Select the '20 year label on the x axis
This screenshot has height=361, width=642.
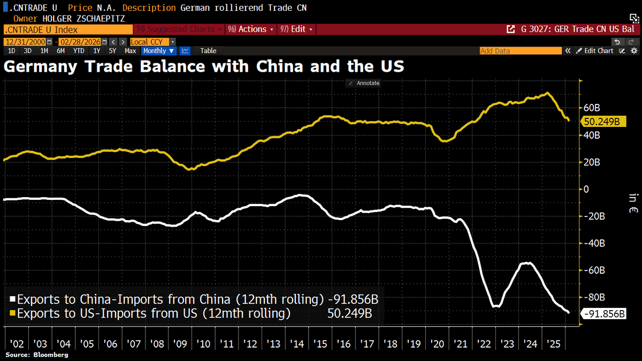click(439, 343)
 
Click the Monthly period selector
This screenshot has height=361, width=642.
click(158, 51)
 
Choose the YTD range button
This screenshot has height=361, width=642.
click(79, 51)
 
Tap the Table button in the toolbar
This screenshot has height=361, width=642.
click(208, 51)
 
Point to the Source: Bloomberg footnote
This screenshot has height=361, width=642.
click(37, 355)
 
